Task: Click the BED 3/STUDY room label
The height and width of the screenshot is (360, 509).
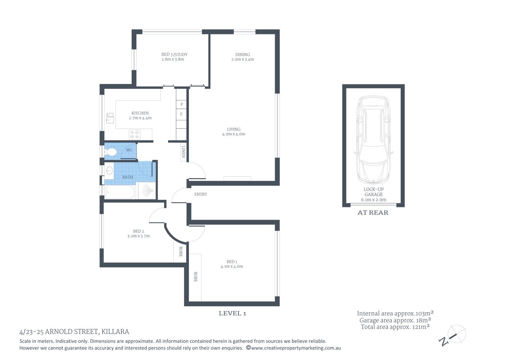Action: tap(174, 54)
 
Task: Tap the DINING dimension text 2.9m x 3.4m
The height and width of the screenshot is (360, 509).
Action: tap(243, 59)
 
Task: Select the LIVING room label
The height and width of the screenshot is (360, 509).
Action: tap(234, 129)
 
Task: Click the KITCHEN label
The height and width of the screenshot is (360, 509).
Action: tap(140, 113)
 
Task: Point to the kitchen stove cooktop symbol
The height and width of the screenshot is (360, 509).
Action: tap(135, 134)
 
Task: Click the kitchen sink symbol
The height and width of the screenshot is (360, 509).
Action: tap(110, 118)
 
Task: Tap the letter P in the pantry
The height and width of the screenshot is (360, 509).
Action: tap(182, 104)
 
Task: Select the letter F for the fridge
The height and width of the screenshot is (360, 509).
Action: tap(181, 114)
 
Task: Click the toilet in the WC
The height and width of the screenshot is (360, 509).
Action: tap(111, 152)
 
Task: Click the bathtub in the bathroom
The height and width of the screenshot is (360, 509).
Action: tap(120, 192)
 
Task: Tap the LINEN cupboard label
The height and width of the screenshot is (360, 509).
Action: tap(183, 151)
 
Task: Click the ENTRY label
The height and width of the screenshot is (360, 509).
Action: tap(201, 194)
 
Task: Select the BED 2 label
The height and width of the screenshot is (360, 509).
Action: tap(138, 231)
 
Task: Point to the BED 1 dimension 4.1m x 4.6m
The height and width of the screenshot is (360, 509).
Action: tap(232, 266)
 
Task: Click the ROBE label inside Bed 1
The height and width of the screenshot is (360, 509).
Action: tap(195, 277)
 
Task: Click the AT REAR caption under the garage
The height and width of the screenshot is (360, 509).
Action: tap(373, 213)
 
